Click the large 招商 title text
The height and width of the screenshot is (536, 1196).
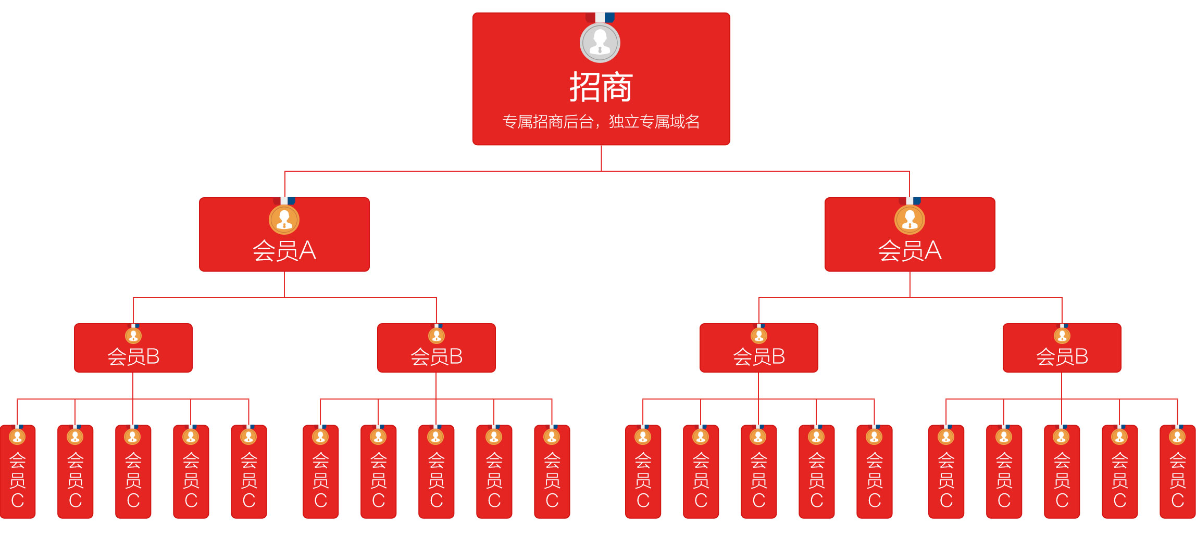601,87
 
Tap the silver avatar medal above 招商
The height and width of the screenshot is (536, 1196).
600,43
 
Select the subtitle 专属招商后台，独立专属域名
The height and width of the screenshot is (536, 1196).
601,122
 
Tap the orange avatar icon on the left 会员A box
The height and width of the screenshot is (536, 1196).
284,220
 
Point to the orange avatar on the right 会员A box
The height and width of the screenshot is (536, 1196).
910,220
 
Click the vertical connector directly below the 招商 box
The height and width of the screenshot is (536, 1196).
601,158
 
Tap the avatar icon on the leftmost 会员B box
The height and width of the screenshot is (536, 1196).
133,336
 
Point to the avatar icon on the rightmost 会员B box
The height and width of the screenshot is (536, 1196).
1062,336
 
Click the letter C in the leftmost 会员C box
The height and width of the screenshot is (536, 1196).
18,501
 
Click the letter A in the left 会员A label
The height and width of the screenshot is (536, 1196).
307,251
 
